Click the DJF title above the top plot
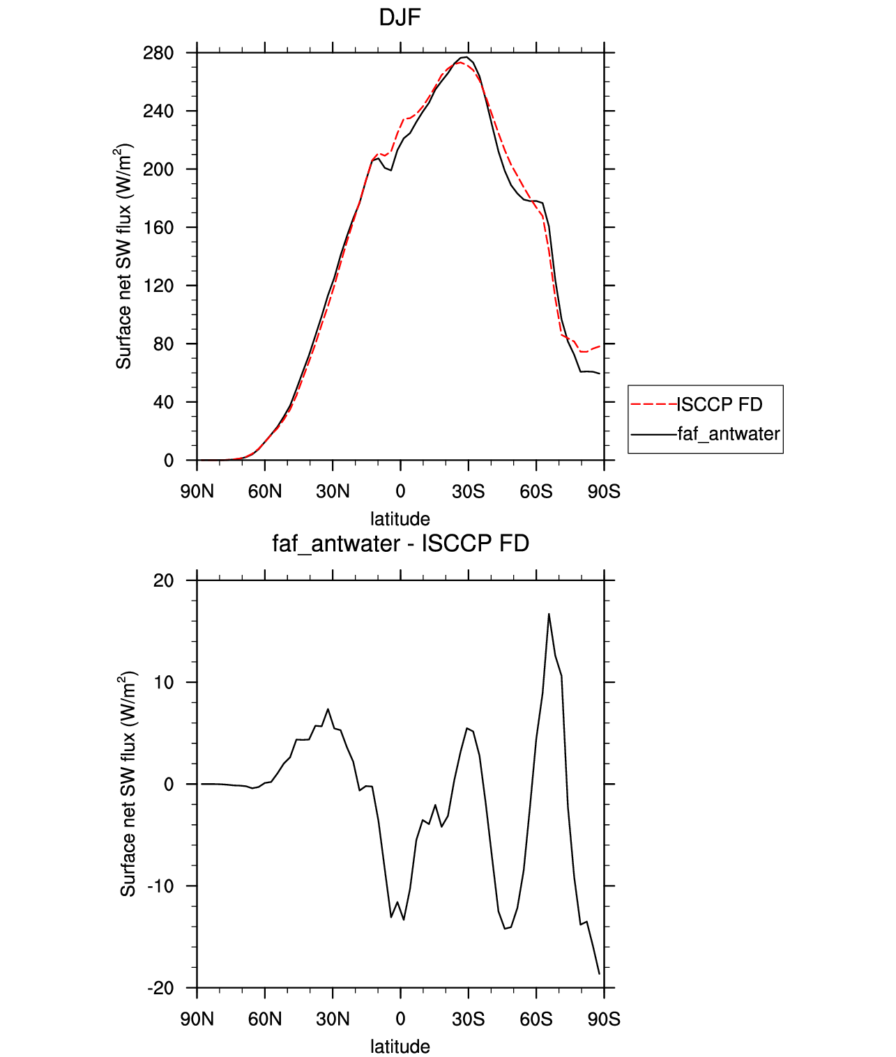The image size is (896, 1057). (x=400, y=18)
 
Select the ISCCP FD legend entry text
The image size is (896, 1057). (x=720, y=405)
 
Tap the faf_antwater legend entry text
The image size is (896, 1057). (x=729, y=433)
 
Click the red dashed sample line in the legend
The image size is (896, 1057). (x=653, y=405)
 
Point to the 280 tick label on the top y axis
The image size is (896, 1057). (x=158, y=53)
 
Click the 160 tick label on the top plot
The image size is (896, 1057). (x=158, y=227)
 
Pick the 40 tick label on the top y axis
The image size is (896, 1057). (x=163, y=402)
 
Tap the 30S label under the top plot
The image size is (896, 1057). (x=468, y=491)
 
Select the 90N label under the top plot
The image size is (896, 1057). (x=197, y=491)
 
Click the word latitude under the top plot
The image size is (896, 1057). (x=400, y=519)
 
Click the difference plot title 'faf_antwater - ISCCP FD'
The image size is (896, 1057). (x=400, y=543)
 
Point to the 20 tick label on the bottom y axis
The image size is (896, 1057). (x=163, y=580)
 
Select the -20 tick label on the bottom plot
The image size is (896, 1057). (x=160, y=988)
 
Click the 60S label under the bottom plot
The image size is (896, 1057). (x=536, y=1019)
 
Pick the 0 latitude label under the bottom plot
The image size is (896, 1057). (x=400, y=1019)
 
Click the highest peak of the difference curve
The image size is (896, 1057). (x=549, y=614)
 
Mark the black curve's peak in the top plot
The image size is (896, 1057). (x=466, y=56)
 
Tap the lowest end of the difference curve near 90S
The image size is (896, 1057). (x=599, y=974)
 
